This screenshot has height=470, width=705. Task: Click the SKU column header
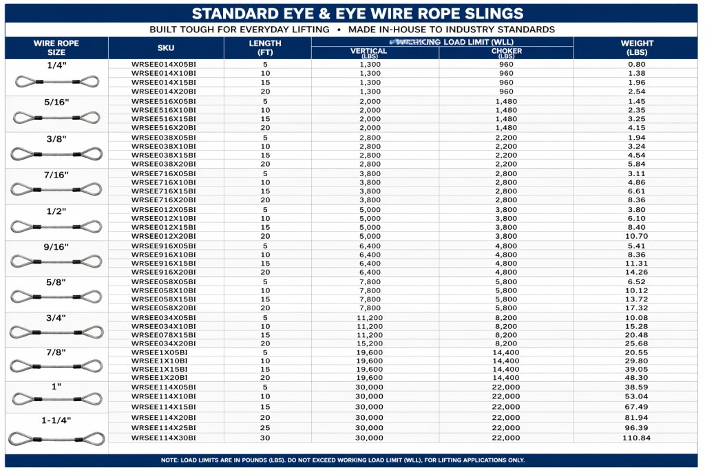[x=166, y=48]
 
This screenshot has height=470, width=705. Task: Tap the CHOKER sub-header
[x=506, y=52]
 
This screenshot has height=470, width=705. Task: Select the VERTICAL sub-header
[x=369, y=52]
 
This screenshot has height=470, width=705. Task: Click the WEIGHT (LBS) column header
[x=636, y=47]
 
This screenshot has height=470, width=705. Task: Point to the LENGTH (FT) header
[x=265, y=47]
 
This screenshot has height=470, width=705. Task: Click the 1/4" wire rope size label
[x=57, y=65]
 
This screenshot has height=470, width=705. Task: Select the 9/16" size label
[x=57, y=246]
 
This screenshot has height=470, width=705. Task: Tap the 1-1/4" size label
[x=57, y=420]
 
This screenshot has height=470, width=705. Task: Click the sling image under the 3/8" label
[x=57, y=153]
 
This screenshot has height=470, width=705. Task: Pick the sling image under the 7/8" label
[x=57, y=366]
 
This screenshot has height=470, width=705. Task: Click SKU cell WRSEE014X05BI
[x=164, y=64]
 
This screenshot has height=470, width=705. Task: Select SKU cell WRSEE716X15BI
[x=164, y=191]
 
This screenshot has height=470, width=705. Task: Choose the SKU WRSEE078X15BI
[x=164, y=334]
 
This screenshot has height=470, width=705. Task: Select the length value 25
[x=265, y=427]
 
